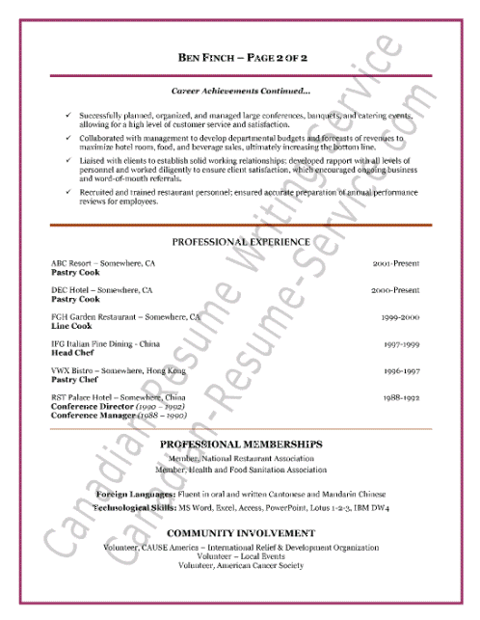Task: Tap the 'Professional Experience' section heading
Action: point(240,241)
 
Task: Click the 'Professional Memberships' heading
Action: point(240,444)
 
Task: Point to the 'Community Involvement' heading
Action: point(240,533)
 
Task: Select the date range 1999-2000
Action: point(397,316)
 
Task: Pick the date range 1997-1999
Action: point(399,343)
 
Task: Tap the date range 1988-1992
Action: point(399,397)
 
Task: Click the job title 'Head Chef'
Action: point(69,353)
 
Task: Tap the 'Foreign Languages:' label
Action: point(136,494)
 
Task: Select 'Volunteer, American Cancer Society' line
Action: point(240,565)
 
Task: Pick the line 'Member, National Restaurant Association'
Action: point(240,459)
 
